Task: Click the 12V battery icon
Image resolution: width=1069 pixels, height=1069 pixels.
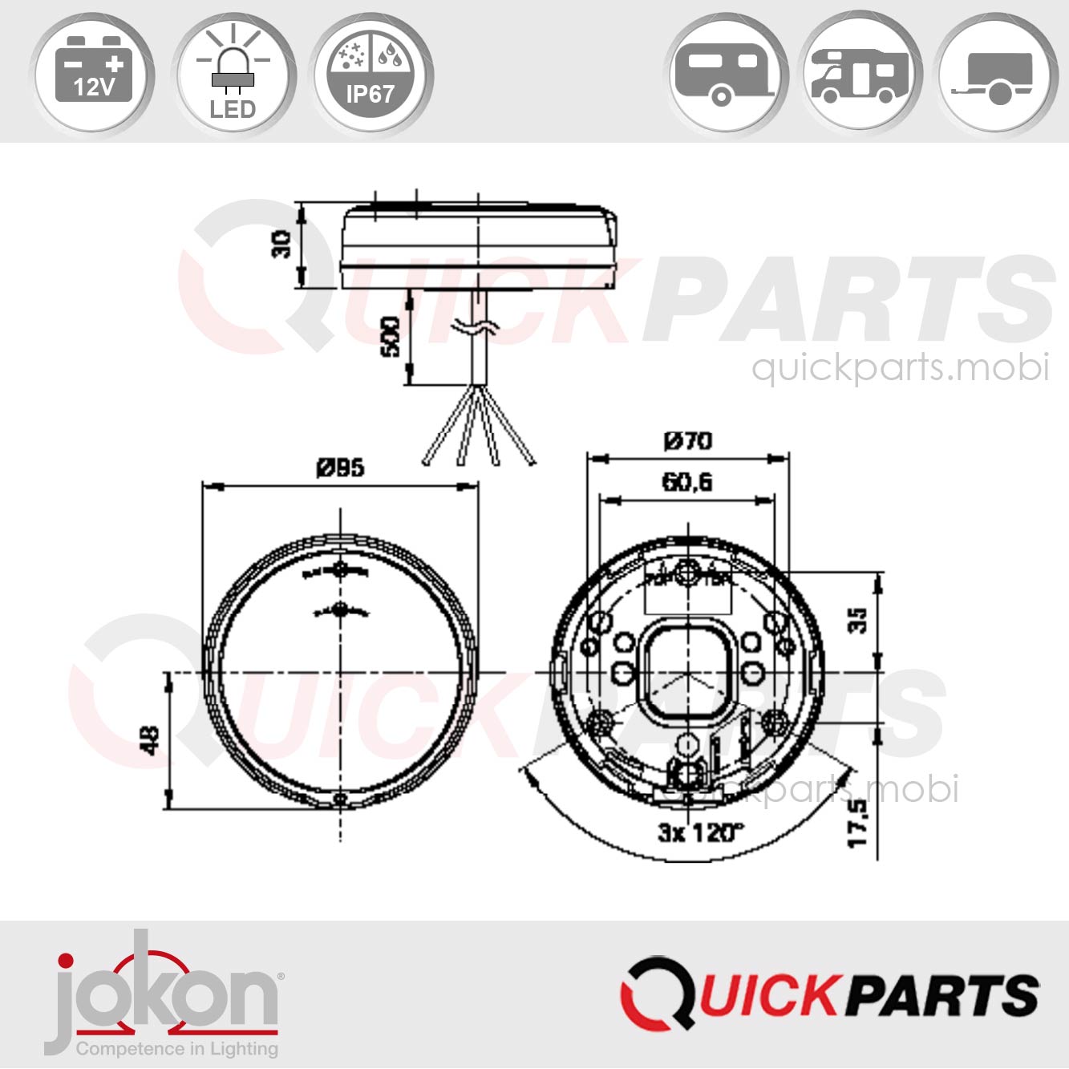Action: point(93,76)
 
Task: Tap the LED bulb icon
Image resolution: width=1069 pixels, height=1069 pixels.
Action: point(233,76)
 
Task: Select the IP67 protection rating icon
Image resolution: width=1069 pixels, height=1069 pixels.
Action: point(371,76)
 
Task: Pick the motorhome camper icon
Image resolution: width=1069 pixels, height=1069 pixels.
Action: point(861,76)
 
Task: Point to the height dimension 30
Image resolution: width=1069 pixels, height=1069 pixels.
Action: point(281,244)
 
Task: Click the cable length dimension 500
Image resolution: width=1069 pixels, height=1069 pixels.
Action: point(391,337)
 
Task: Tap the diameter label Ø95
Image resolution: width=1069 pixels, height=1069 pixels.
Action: point(340,468)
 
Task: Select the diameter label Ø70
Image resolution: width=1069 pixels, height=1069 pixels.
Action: point(687,441)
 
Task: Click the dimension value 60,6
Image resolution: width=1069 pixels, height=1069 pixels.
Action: point(686,481)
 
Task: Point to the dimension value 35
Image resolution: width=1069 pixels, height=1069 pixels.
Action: point(858,620)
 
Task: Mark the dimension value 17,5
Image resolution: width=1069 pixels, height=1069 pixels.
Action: point(858,822)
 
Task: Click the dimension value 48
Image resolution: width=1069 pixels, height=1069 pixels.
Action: point(150,739)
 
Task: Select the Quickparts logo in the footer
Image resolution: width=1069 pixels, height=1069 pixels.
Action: point(829,994)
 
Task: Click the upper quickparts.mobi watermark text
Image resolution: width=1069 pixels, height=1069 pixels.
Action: point(900,368)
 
